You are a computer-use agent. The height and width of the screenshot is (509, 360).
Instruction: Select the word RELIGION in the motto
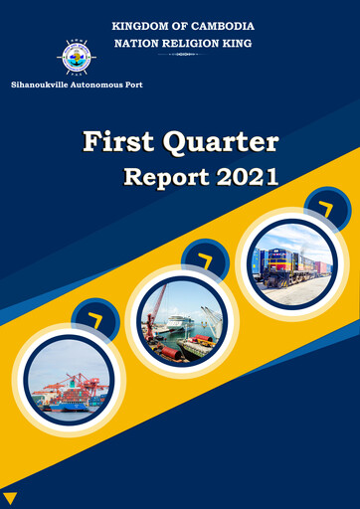click(x=184, y=44)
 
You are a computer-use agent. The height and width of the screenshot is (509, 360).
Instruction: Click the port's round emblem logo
click(x=75, y=57)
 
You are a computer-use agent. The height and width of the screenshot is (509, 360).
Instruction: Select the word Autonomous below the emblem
click(x=101, y=85)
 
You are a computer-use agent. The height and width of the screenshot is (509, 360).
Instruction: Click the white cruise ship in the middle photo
click(x=180, y=324)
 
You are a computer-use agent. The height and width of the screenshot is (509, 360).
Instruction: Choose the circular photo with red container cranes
click(x=71, y=382)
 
